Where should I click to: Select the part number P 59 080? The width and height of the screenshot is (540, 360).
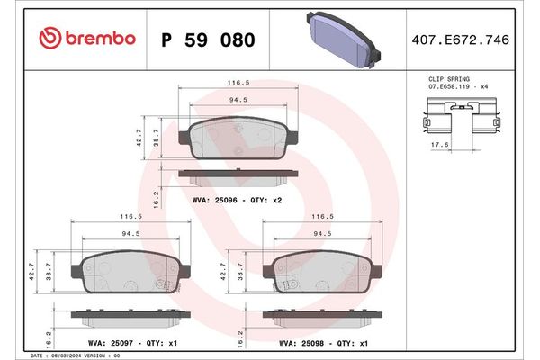point(207,40)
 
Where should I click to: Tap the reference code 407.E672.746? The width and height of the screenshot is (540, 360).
point(473,40)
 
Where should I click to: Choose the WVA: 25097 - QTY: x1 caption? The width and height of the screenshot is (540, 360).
point(121,342)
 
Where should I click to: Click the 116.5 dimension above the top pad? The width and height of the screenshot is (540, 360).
point(238,81)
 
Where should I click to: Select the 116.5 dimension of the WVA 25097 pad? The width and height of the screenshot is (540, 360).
point(132,217)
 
